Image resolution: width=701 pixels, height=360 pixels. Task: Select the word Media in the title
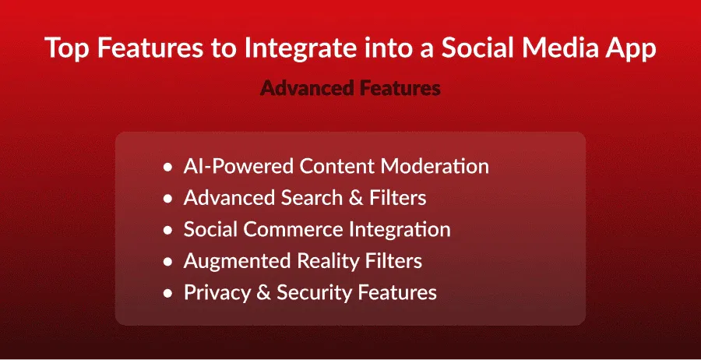click(555, 48)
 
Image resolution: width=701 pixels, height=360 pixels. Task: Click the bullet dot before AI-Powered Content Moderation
click(167, 168)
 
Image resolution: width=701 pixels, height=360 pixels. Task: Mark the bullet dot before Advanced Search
click(167, 199)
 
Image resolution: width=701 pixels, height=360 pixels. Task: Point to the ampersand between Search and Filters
click(357, 198)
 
